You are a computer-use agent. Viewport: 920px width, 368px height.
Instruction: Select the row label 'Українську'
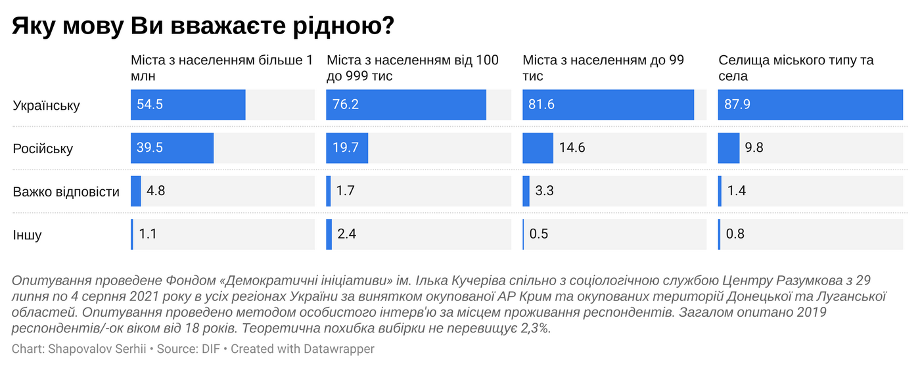tap(46, 105)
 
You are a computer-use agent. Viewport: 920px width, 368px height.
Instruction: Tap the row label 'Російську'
tap(43, 149)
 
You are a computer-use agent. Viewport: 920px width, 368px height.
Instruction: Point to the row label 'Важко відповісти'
tap(66, 192)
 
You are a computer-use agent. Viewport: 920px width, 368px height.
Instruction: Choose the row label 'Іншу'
tap(27, 235)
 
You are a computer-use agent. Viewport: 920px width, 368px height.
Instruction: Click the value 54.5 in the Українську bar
tap(150, 105)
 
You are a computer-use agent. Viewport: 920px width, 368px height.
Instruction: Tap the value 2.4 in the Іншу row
tap(346, 235)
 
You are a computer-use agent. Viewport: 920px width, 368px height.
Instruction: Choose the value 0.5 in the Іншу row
tap(539, 235)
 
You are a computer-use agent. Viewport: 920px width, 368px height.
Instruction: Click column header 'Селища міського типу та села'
tap(795, 68)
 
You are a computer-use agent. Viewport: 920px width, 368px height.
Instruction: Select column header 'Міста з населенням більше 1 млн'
tap(221, 68)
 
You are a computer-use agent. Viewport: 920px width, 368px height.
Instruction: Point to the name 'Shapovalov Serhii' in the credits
tap(97, 349)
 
